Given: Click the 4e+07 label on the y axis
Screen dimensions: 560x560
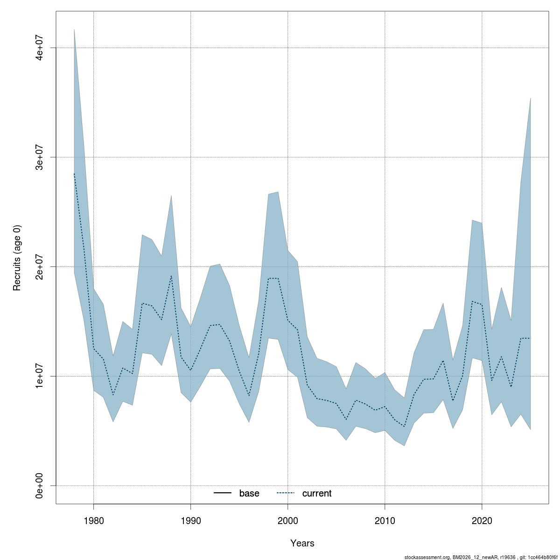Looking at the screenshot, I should click(40, 48).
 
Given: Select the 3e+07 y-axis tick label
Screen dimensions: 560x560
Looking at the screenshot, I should click(40, 157).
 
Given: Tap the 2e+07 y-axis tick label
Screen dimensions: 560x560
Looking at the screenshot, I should click(40, 266).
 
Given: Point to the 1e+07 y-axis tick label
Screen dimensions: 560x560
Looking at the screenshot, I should click(40, 376).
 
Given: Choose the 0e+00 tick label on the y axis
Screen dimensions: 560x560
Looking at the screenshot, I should click(40, 486).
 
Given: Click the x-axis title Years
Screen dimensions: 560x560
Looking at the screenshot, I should click(302, 543).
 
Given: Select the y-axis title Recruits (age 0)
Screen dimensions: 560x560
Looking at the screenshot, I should click(17, 258).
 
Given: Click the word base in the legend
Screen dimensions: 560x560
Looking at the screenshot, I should click(249, 493).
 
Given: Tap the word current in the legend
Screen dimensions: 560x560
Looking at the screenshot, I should click(317, 493).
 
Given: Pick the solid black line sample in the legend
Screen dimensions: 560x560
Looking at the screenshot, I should click(223, 493).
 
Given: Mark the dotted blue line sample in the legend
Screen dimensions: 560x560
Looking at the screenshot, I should click(286, 493).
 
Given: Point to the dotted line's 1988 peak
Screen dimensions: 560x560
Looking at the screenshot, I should click(171, 276).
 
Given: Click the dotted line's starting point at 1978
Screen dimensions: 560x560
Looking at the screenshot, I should click(74, 174).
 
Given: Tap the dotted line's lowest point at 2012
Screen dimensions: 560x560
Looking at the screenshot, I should click(404, 427).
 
